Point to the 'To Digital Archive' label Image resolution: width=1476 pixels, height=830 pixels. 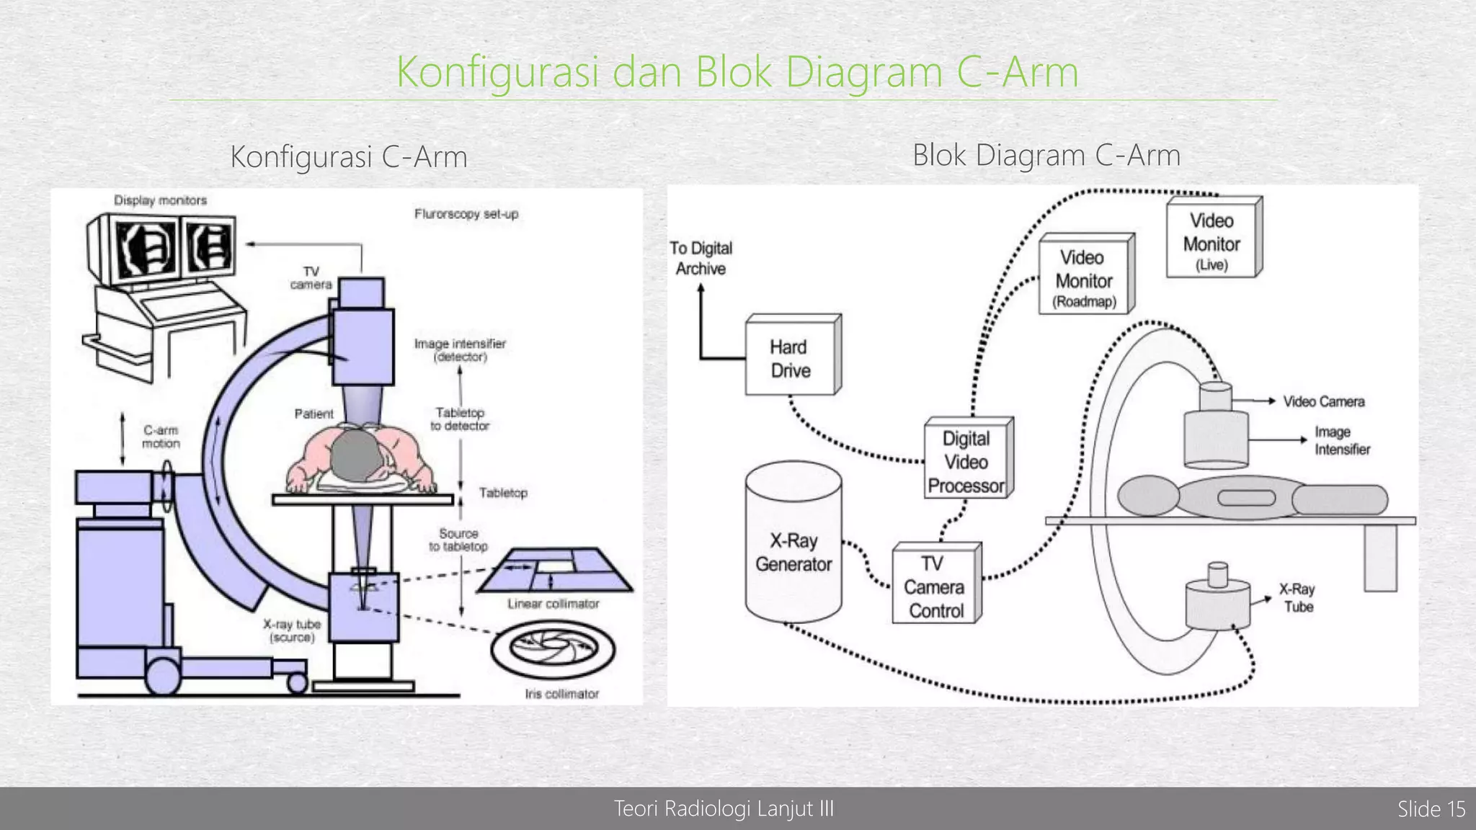click(701, 258)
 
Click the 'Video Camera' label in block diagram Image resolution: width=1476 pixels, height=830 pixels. click(1323, 401)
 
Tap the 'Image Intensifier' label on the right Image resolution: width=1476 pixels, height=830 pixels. click(1341, 440)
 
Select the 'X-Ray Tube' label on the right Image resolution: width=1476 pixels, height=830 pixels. click(1297, 598)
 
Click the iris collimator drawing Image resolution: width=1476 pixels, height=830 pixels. click(553, 648)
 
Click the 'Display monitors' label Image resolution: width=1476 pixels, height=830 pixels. click(160, 200)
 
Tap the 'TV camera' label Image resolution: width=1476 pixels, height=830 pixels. click(311, 278)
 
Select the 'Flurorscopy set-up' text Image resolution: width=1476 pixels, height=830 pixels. click(466, 214)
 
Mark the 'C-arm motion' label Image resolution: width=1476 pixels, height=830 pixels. click(161, 437)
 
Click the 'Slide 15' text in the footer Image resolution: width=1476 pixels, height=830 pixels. click(1431, 809)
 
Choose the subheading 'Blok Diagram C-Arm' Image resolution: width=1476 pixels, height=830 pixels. click(1046, 155)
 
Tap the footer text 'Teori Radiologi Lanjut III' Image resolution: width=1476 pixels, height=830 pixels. click(724, 809)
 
